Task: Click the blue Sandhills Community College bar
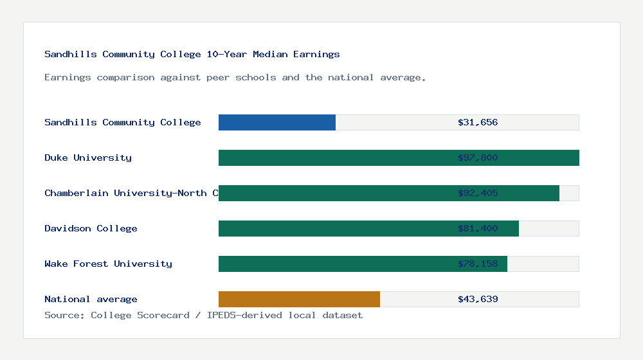point(276,122)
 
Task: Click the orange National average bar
point(299,299)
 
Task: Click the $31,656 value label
point(478,122)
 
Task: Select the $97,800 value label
point(478,157)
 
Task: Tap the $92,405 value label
point(478,193)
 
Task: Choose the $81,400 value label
point(478,228)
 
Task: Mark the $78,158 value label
point(478,264)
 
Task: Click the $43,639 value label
point(478,299)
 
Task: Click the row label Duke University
point(88,157)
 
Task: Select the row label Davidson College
point(91,228)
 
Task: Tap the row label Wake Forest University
point(108,264)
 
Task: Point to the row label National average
point(91,299)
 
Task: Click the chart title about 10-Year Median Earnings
point(192,54)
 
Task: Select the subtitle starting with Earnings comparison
point(235,77)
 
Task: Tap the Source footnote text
point(203,315)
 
